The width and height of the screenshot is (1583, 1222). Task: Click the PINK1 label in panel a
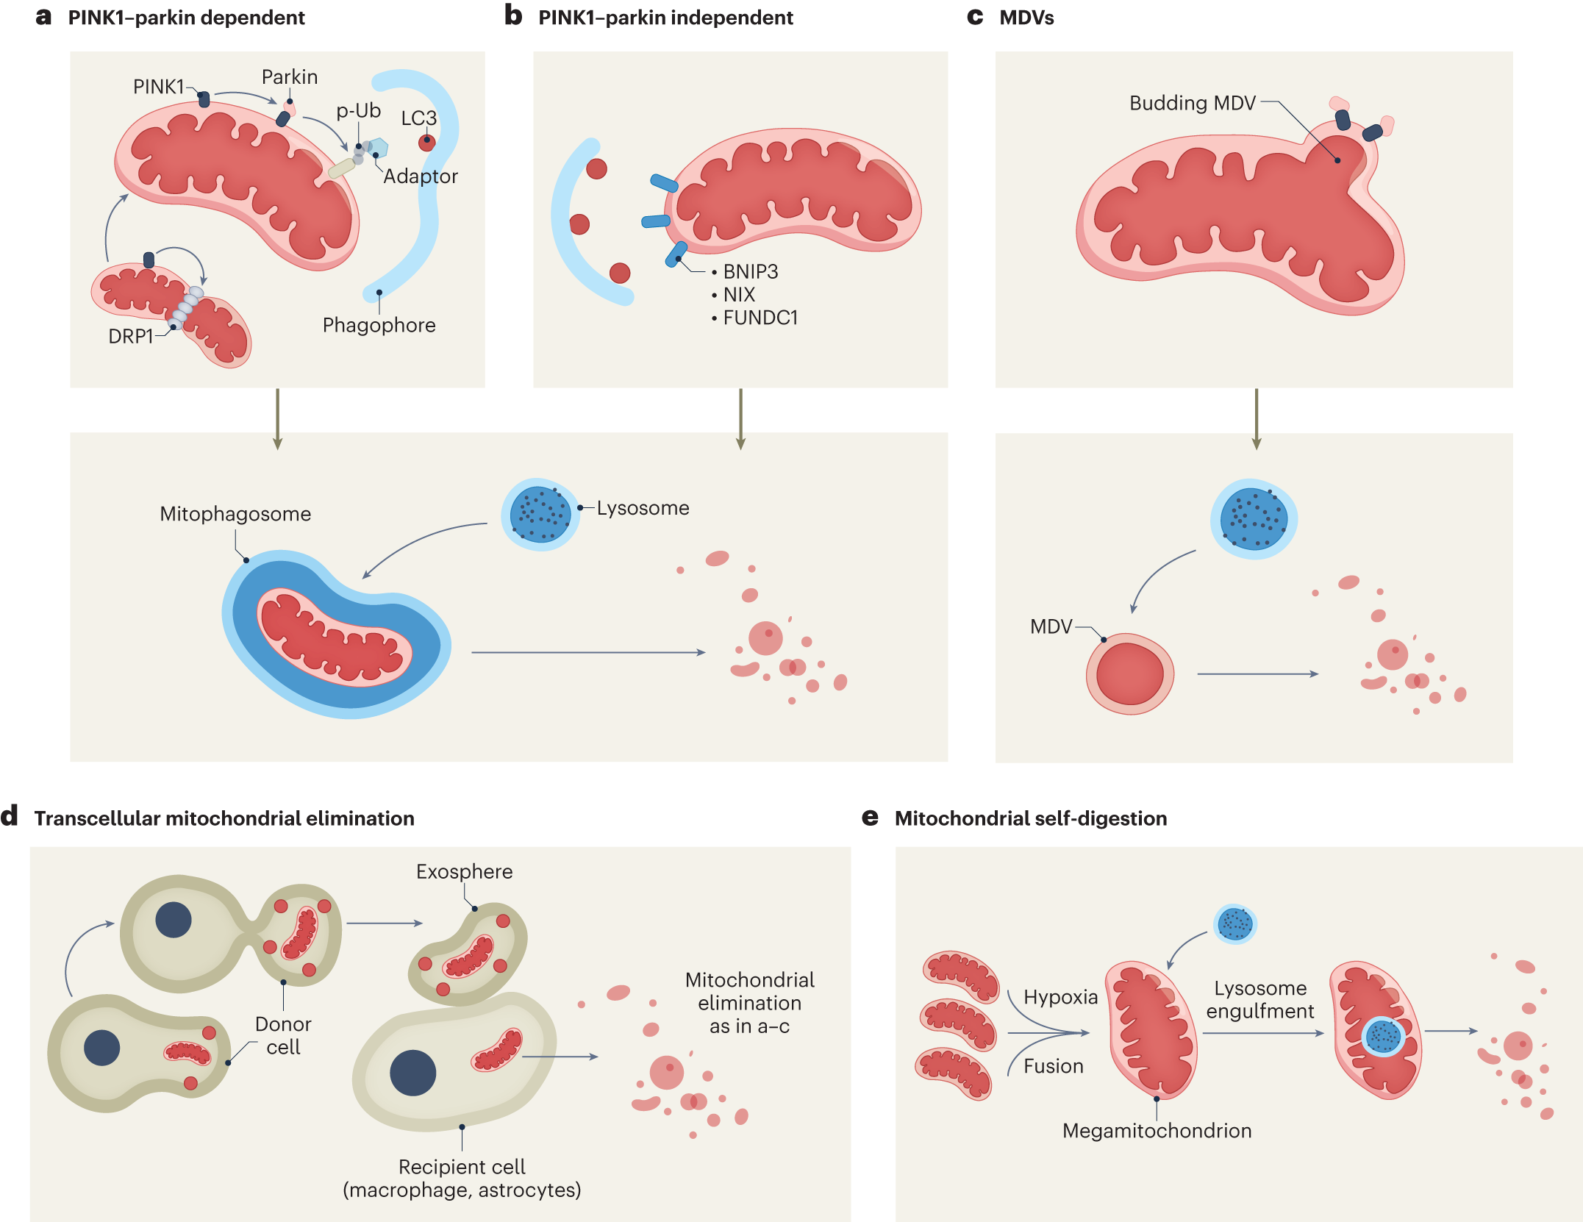click(x=158, y=87)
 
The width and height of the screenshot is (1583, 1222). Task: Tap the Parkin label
click(x=290, y=76)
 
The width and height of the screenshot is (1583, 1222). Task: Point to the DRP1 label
click(x=131, y=336)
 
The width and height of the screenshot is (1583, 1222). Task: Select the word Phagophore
click(x=379, y=325)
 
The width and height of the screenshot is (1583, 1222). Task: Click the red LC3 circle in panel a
click(x=427, y=143)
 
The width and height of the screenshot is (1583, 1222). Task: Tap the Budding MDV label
click(x=1193, y=103)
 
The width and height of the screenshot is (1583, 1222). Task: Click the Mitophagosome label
click(x=235, y=514)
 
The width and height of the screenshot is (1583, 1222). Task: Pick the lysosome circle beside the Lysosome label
click(x=540, y=514)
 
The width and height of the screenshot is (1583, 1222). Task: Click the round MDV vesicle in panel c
click(x=1130, y=674)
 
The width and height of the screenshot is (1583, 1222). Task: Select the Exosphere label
click(x=465, y=872)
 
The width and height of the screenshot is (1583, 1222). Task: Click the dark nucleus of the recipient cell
click(x=413, y=1073)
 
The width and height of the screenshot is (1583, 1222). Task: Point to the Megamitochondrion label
click(x=1157, y=1131)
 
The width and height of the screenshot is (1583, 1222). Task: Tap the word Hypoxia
click(x=1061, y=998)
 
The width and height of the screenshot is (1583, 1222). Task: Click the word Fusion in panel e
click(x=1054, y=1066)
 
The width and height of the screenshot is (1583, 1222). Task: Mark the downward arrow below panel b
click(x=740, y=419)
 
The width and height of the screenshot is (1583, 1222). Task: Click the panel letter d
click(x=9, y=816)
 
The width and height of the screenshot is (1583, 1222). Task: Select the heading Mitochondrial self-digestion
click(x=1031, y=818)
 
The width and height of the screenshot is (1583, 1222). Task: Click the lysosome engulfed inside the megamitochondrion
click(x=1384, y=1037)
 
